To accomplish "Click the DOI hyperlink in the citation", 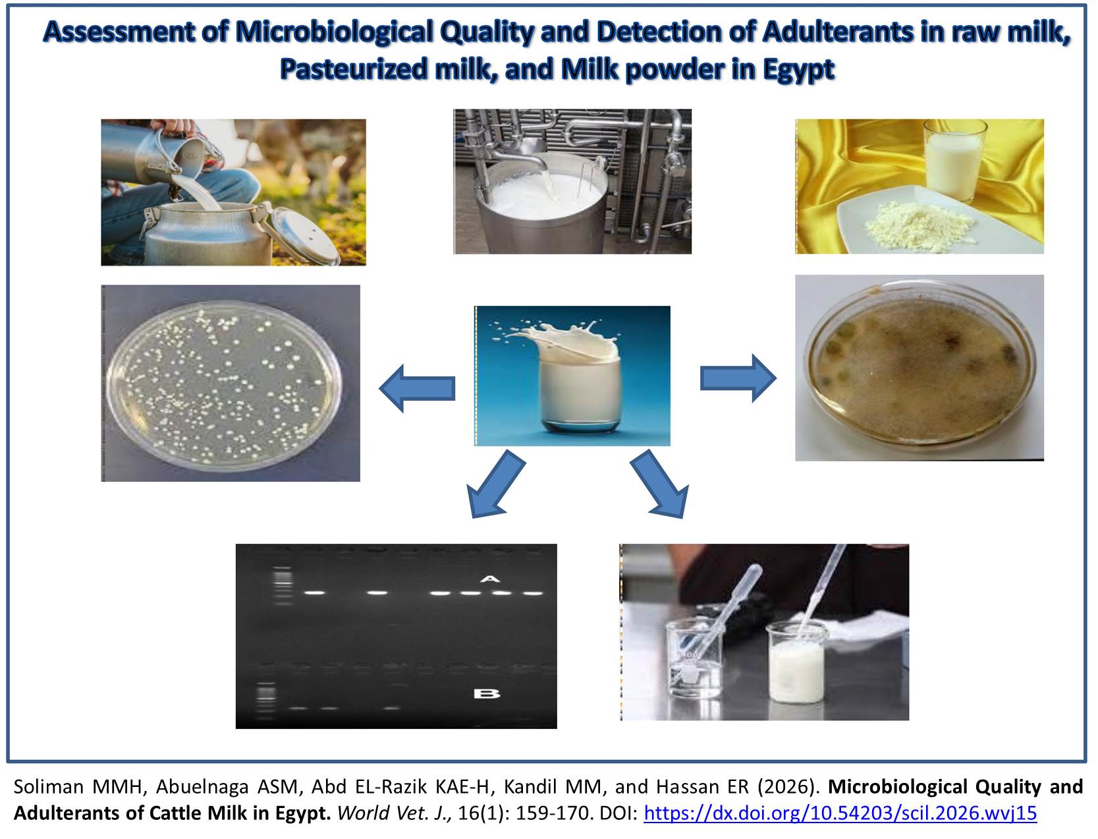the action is coord(840,813).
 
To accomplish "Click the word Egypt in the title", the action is coord(798,69).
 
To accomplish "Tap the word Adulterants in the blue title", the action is coord(853,32).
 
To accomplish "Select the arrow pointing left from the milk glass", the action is coord(417,388).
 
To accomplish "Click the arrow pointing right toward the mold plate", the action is coord(738,378).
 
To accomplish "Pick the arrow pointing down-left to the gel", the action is coord(496,484).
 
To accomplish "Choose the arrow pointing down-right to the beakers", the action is coord(659,484).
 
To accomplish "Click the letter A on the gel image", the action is coord(490,579).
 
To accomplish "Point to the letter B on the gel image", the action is coord(486,693).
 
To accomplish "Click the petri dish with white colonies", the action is coord(223,386).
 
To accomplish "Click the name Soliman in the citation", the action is coord(48,787).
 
